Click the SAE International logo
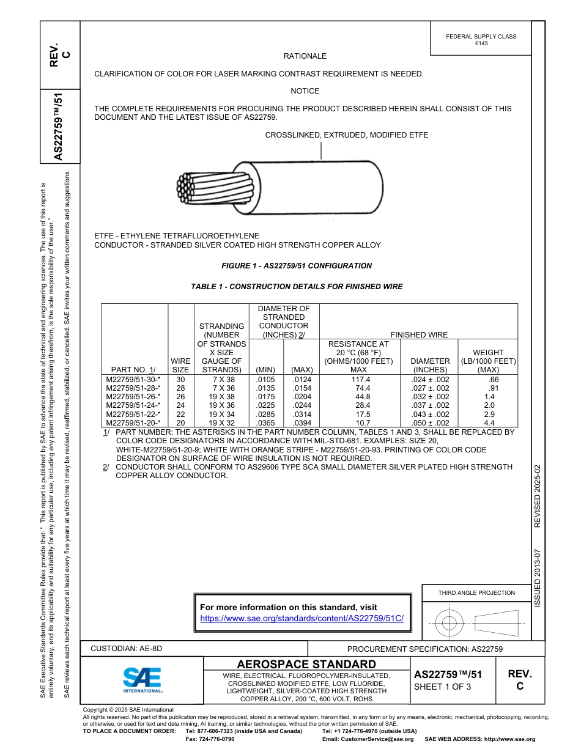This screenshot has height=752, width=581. [x=142, y=679]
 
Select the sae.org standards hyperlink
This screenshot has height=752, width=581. [x=302, y=618]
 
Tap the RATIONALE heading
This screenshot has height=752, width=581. [x=305, y=56]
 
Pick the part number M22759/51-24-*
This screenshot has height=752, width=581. [x=133, y=405]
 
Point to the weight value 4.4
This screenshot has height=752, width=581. [x=489, y=422]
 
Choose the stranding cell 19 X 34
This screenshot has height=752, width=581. [x=222, y=414]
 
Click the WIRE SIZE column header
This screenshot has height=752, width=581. [x=180, y=366]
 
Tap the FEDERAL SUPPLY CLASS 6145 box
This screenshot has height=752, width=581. [x=481, y=40]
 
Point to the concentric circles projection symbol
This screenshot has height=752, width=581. [x=450, y=624]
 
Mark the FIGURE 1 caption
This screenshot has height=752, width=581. [x=296, y=266]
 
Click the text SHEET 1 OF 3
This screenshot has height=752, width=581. [x=443, y=687]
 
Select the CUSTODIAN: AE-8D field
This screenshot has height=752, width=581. [x=127, y=648]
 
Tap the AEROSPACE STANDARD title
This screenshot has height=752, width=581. [x=306, y=664]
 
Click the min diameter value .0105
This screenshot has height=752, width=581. [x=265, y=380]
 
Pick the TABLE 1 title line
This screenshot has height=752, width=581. [x=297, y=286]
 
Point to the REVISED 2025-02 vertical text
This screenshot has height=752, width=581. [x=538, y=495]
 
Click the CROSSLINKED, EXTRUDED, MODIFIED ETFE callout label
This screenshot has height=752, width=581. [x=346, y=135]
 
